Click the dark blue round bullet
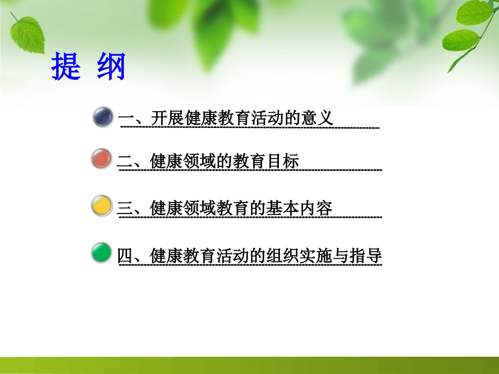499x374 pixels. click(103, 116)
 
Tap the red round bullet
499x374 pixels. click(101, 159)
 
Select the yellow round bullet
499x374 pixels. click(101, 206)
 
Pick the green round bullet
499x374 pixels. click(101, 253)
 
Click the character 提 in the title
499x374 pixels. click(66, 67)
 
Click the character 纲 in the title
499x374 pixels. click(111, 67)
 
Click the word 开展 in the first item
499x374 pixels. click(166, 117)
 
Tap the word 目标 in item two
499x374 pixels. click(284, 161)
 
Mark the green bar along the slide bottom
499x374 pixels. click(250, 365)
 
